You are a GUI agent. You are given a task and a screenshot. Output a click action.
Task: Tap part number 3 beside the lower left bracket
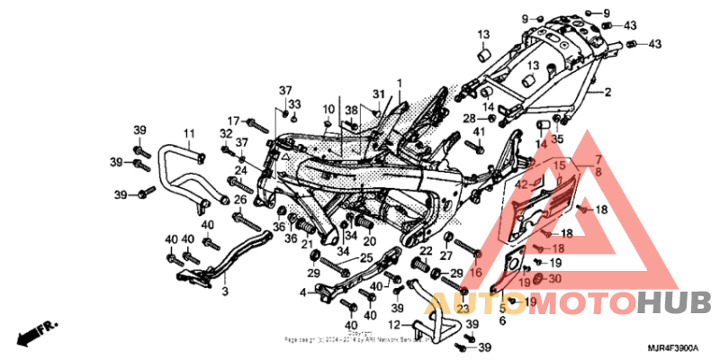(x=225, y=292)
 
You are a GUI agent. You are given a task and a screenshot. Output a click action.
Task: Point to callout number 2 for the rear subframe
(x=607, y=92)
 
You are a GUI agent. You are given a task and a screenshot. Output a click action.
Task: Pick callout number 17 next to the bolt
(x=232, y=121)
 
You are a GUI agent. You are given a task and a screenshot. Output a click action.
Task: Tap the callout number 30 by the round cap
(x=553, y=279)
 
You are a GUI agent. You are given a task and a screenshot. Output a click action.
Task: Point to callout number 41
(x=479, y=132)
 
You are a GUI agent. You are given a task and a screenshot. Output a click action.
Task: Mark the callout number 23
(x=463, y=308)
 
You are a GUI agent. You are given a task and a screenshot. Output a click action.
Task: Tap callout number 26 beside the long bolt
(x=240, y=199)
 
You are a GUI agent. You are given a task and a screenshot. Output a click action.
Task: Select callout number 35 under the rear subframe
(x=556, y=139)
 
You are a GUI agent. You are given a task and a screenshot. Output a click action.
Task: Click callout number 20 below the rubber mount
(x=369, y=241)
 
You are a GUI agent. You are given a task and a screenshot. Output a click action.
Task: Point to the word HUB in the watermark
(x=674, y=301)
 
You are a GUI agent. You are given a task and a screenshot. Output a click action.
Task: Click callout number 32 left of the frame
(x=226, y=133)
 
